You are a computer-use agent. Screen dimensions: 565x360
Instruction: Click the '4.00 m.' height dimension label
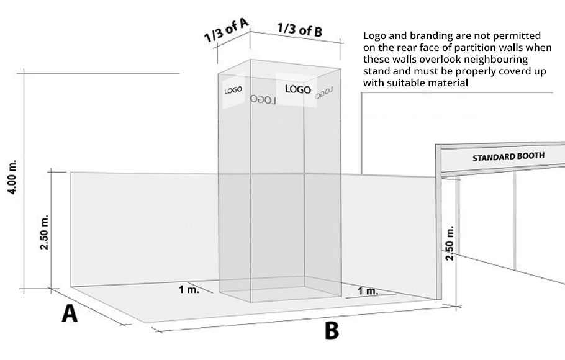12,177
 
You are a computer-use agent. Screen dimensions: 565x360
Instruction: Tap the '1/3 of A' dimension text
226,30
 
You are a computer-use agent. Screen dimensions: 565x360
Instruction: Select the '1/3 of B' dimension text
300,30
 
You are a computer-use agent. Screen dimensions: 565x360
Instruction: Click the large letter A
70,313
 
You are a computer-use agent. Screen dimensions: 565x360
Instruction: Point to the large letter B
332,330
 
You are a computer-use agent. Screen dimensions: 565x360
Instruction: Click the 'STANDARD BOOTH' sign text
508,157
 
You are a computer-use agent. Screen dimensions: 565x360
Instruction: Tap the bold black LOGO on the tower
297,89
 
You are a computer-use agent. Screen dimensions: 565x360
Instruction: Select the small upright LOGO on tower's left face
233,90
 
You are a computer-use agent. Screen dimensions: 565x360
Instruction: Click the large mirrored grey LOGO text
263,99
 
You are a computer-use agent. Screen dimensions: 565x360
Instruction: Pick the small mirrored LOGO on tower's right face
324,93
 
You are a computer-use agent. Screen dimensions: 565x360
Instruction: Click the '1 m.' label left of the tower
189,289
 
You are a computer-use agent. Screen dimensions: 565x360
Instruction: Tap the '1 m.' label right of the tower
368,290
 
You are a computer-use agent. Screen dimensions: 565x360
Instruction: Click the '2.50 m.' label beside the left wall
44,232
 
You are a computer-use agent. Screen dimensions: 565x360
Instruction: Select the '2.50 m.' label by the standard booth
450,243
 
